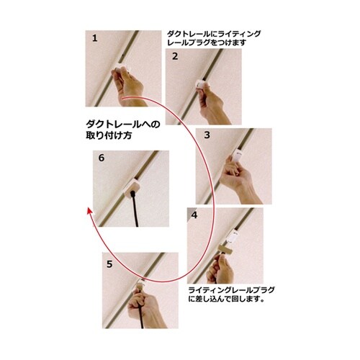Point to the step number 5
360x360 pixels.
[109, 264]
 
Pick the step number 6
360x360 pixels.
[102, 157]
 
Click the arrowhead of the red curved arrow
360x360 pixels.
[89, 210]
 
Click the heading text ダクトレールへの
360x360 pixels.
[120, 124]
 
